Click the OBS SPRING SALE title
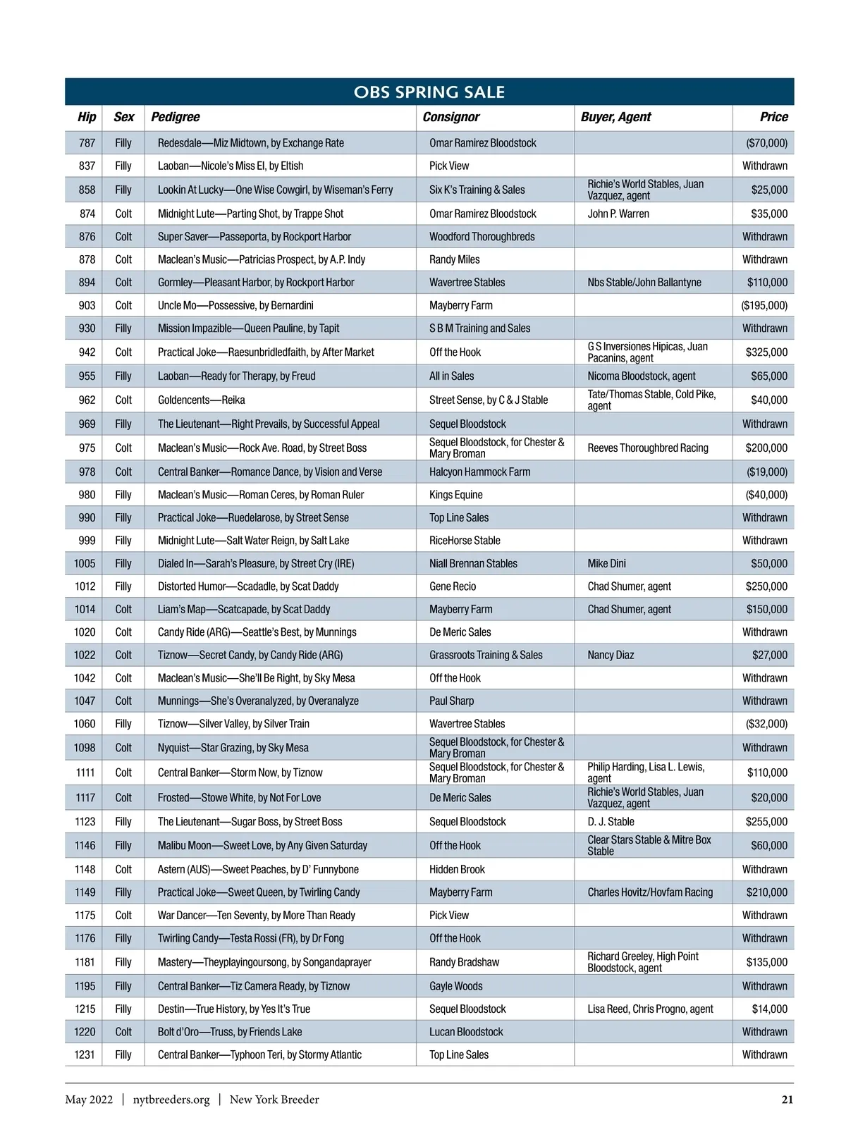(429, 92)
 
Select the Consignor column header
(450, 117)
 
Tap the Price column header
(773, 117)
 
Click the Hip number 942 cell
(87, 352)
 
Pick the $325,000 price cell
(766, 352)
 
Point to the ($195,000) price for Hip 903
(764, 305)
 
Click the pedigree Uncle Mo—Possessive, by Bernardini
(235, 305)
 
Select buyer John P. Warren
(618, 214)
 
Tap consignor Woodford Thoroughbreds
(482, 237)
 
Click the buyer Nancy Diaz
(611, 655)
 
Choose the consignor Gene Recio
(452, 586)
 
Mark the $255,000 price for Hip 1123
(766, 822)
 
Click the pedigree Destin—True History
(233, 1009)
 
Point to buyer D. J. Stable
(611, 822)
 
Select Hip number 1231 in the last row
(85, 1055)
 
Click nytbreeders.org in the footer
(171, 1100)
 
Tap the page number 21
(787, 1100)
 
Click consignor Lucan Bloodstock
(466, 1032)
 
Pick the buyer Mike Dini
(606, 563)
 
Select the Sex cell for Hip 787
(123, 143)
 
